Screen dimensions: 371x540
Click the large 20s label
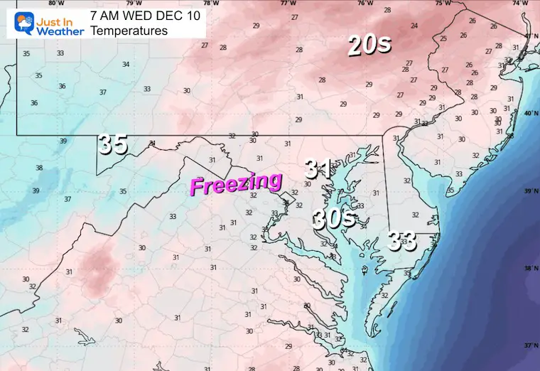coord(369,45)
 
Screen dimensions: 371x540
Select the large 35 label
coord(113,144)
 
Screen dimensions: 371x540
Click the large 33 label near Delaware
coord(401,242)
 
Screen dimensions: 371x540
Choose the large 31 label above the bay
coord(319,168)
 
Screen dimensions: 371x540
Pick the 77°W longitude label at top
coord(288,3)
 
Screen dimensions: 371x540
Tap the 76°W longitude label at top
coord(366,3)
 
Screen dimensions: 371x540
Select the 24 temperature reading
coord(414,26)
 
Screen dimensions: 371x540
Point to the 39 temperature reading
coord(64,141)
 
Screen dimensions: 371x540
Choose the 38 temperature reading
coord(39,168)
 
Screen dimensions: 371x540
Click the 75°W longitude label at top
coord(443,3)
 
